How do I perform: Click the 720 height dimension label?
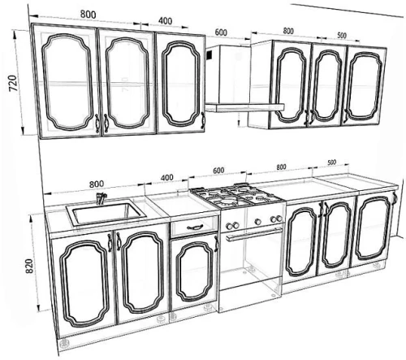click(13, 83)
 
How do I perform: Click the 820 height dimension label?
click(29, 266)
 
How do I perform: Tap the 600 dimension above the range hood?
click(221, 33)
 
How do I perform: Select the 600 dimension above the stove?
click(218, 171)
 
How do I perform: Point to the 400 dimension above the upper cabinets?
click(165, 21)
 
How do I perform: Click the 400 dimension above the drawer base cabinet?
click(166, 178)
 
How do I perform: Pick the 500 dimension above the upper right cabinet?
click(342, 35)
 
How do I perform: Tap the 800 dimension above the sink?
click(97, 184)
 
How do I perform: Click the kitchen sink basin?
click(106, 213)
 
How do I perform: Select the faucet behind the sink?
click(101, 198)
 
